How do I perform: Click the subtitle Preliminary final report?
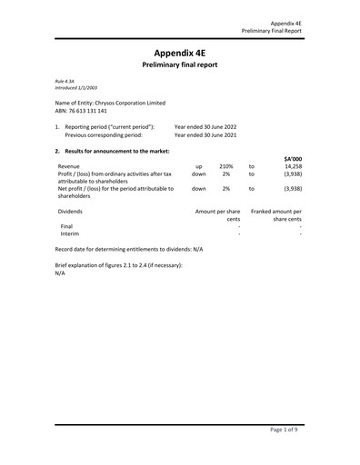[180, 67]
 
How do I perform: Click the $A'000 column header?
[292, 159]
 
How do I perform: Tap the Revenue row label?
[69, 167]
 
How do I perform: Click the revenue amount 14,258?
[293, 167]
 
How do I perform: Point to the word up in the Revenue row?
[198, 167]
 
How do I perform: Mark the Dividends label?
[72, 211]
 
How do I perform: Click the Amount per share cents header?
[218, 214]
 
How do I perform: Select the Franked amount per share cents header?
[276, 214]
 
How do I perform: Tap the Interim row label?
[70, 233]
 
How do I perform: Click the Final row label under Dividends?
[66, 226]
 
